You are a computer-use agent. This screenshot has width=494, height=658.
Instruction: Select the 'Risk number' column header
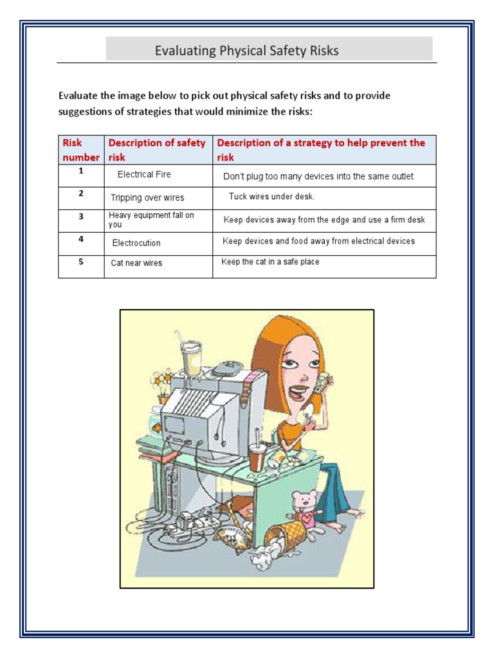point(80,150)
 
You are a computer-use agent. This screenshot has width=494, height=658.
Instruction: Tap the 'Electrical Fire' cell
point(144,174)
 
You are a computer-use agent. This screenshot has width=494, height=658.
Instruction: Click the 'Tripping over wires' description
point(147,198)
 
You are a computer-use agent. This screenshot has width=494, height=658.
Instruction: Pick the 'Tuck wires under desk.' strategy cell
point(271,197)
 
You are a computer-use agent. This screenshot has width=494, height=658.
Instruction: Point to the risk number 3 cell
point(81,217)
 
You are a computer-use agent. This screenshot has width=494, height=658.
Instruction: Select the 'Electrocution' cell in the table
point(136,243)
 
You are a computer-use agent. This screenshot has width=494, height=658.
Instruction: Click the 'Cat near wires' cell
point(136,263)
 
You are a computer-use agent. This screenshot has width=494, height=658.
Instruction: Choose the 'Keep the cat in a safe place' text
point(270,262)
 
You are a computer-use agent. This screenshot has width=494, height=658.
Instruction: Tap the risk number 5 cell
point(81,262)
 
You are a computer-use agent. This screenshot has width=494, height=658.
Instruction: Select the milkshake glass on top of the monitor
point(190,357)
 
